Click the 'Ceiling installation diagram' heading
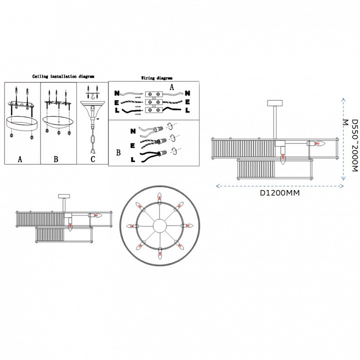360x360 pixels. [x=63, y=76]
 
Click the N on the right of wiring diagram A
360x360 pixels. [x=187, y=93]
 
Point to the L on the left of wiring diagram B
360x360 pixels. [x=132, y=160]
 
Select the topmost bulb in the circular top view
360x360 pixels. [x=160, y=195]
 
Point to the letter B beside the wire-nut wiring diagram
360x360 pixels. [x=118, y=150]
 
